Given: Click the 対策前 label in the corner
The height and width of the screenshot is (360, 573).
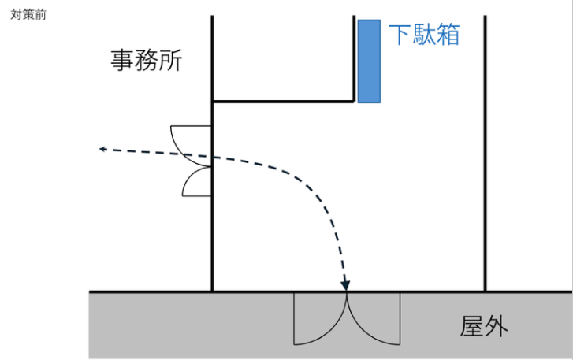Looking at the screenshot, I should pos(28,15).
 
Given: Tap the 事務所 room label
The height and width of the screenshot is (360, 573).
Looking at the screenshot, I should pos(147,61).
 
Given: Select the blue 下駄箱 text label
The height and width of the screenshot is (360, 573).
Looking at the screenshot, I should pos(424,34).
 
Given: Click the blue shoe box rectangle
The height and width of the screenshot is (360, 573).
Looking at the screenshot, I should pos(370,61).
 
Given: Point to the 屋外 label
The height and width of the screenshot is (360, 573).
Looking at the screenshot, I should pos(485,325).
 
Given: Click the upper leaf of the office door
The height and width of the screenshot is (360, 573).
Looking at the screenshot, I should pos(196,139).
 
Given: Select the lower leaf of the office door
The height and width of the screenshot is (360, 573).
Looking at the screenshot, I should pos(198,182).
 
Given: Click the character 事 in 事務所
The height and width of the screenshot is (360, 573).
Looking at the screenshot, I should pos(123,61).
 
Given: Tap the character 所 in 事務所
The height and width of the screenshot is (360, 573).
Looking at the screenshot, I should pos(170,61).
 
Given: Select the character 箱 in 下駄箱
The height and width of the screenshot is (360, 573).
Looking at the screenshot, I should pos(447,34).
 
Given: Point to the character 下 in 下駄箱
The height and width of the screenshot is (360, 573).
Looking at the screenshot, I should pos(400,34).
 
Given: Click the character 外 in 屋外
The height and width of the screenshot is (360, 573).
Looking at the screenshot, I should pos(497,325).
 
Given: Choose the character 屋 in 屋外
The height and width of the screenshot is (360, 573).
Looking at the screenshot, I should pos(473,325).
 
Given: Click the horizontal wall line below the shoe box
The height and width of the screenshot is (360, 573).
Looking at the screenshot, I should pos(284,101).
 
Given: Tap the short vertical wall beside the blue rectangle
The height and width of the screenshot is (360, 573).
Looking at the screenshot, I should pos(354,59).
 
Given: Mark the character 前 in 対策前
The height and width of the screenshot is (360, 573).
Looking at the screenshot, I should pos(41,15).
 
